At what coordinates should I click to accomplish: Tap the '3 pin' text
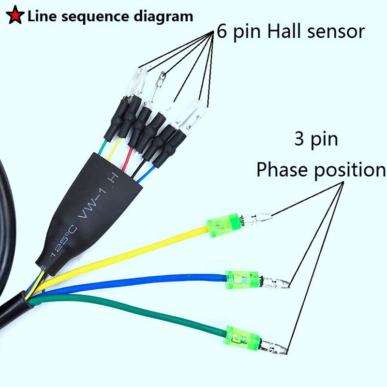(x=316, y=140)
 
